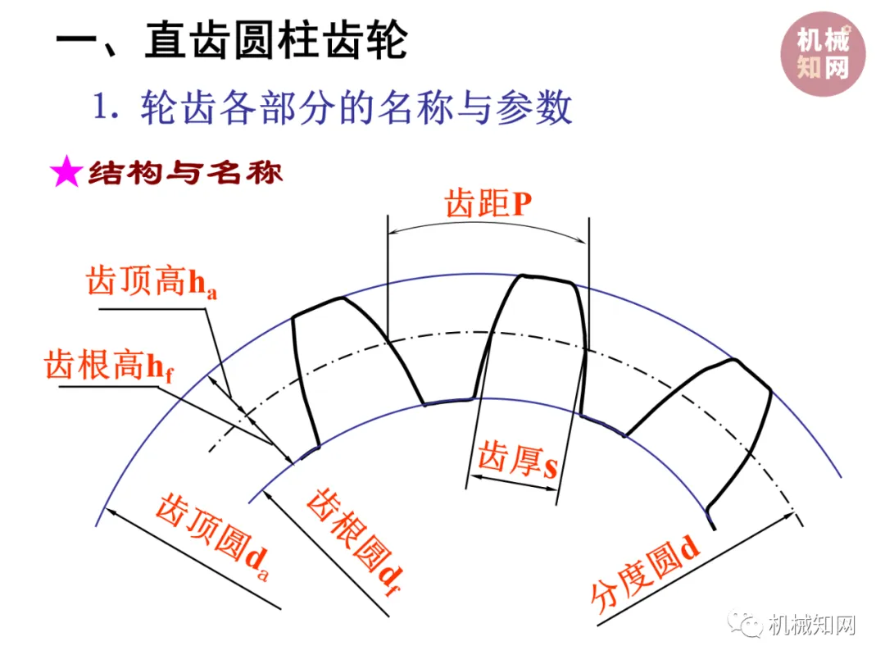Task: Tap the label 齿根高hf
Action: click(110, 365)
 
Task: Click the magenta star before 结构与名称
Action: click(66, 173)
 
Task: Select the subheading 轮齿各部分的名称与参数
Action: click(356, 107)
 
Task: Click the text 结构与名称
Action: click(185, 173)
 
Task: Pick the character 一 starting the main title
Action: click(77, 41)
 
